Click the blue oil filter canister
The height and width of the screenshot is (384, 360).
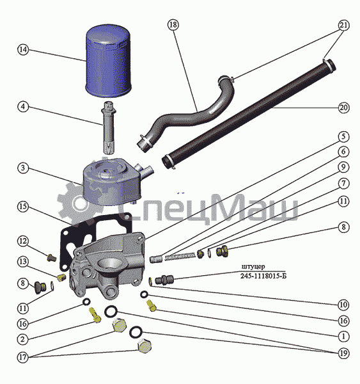pos(108,61)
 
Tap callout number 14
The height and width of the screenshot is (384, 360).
pos(23,50)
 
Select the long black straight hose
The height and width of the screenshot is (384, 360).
pos(248,113)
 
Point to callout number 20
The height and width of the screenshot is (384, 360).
pos(343,108)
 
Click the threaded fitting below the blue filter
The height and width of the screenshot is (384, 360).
pos(109,127)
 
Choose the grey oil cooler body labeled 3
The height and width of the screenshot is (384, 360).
pos(115,182)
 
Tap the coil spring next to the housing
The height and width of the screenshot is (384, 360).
pos(180,257)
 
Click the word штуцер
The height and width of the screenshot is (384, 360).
pos(253,267)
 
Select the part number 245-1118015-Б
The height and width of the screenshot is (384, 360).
pos(263,276)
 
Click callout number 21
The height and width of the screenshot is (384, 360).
pos(343,25)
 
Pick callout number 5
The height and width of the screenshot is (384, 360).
pos(343,137)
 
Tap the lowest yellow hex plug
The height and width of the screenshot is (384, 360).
pos(145,346)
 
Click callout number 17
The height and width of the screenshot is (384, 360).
pos(22,357)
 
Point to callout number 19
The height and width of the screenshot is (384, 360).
pos(343,353)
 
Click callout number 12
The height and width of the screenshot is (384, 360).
pos(22,241)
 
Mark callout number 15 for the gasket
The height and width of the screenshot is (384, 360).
pos(22,207)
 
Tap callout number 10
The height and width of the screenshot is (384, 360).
pos(343,305)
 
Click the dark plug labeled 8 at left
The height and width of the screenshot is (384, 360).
pos(40,288)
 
